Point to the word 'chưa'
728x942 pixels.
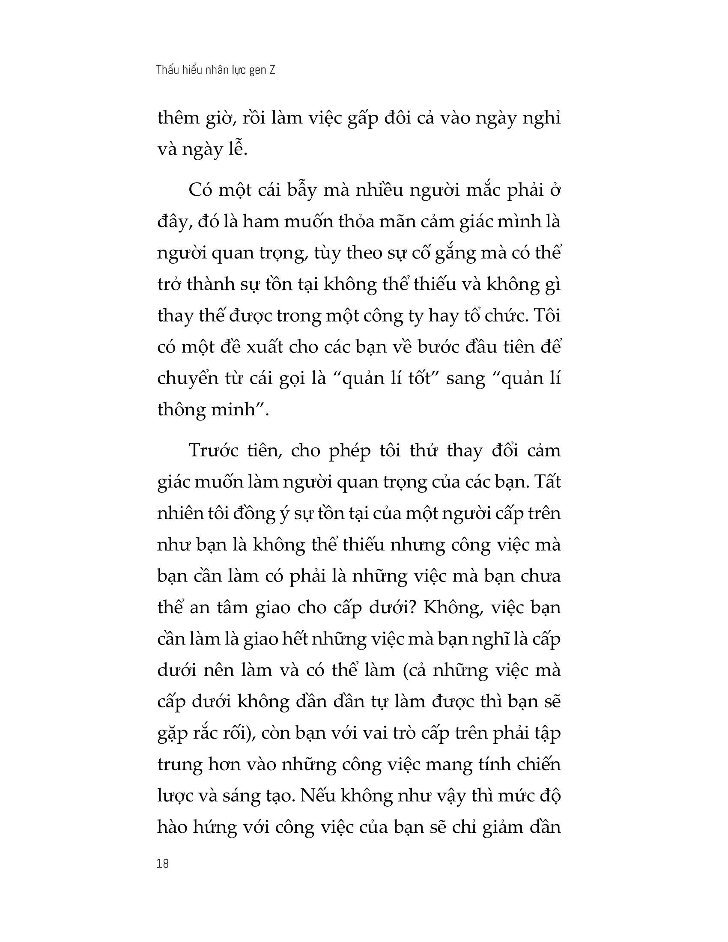(541, 576)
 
